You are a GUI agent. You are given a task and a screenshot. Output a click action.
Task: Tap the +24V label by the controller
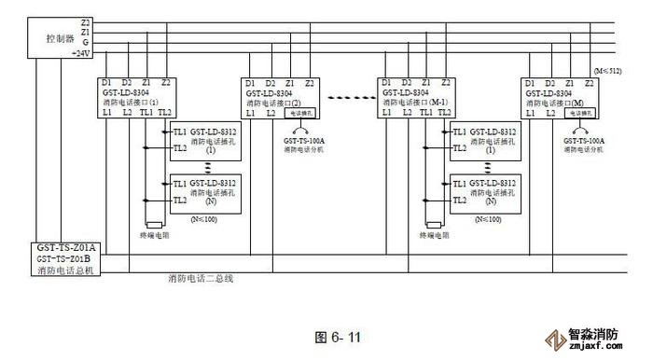pyautogui.click(x=81, y=53)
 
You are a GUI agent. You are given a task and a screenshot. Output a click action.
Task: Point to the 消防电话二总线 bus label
pyautogui.click(x=200, y=278)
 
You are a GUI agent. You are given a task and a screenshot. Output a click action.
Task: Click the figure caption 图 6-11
pyautogui.click(x=339, y=337)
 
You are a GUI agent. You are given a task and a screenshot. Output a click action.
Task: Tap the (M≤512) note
pyautogui.click(x=609, y=71)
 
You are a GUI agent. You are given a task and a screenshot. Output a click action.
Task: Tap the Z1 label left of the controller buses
pyautogui.click(x=86, y=32)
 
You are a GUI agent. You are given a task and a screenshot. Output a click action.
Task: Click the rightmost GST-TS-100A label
pyautogui.click(x=585, y=140)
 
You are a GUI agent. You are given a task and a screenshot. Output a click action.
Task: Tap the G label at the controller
pyautogui.click(x=86, y=42)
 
